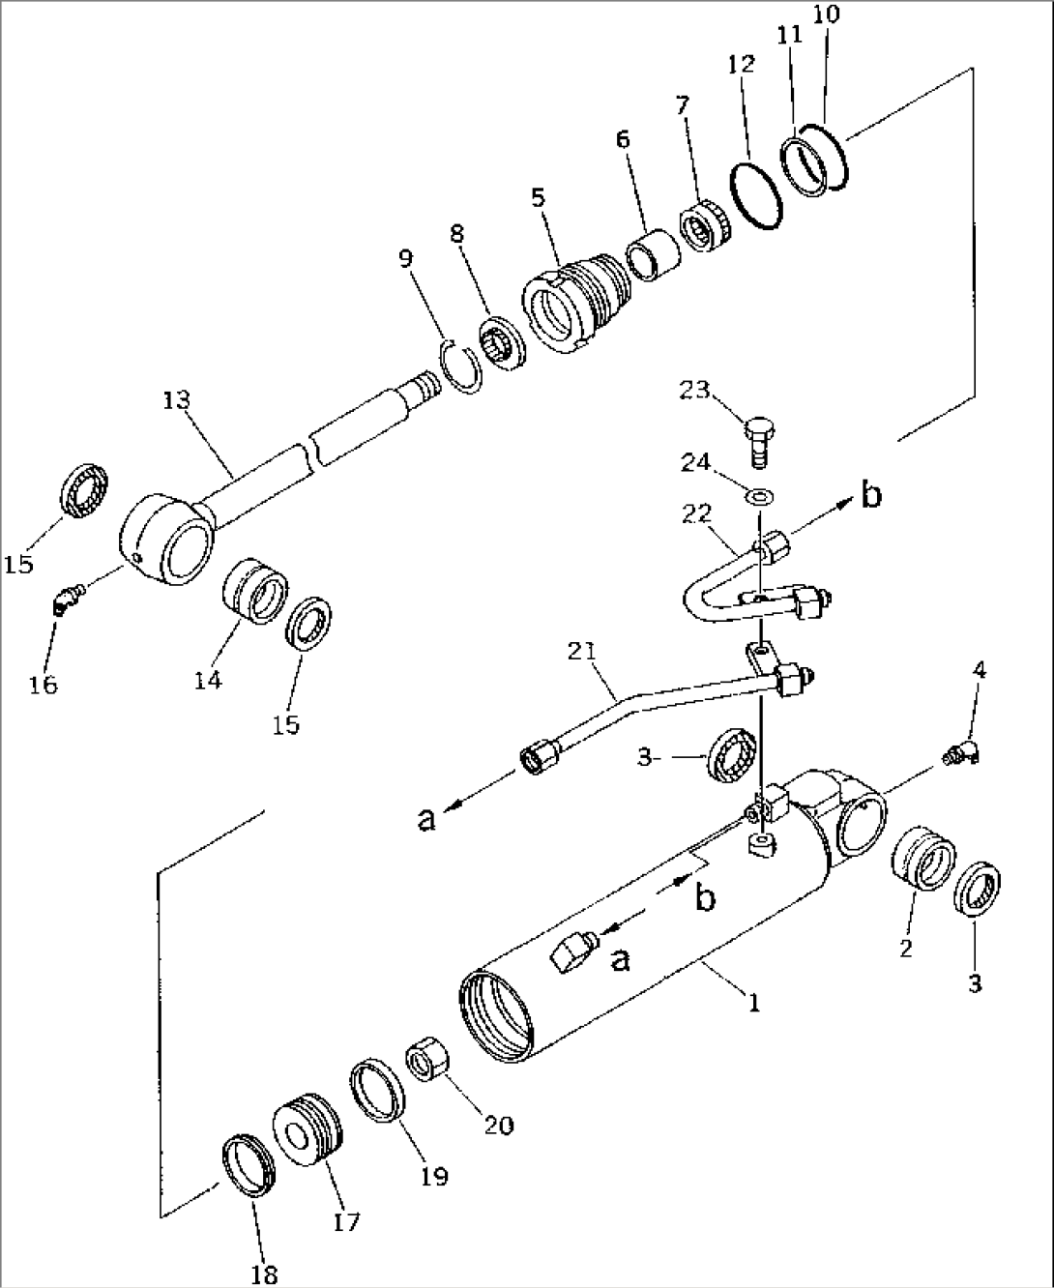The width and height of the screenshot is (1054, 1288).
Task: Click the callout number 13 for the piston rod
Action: point(176,399)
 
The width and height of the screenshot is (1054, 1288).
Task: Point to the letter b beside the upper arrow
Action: point(871,495)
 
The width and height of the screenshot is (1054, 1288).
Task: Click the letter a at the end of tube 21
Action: point(426,819)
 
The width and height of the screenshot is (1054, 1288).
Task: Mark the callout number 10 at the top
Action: point(828,15)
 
